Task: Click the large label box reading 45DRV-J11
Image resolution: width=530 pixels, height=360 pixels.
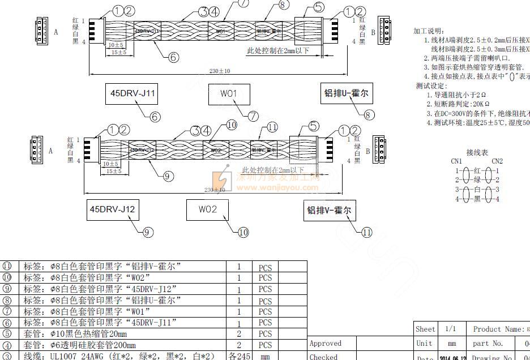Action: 131,94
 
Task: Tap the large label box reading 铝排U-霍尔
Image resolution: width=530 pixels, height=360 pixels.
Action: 345,94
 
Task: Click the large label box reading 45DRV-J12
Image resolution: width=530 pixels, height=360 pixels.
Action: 113,209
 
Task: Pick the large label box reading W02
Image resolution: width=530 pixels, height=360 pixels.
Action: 208,209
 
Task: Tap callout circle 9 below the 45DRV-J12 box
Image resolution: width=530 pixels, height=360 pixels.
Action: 147,232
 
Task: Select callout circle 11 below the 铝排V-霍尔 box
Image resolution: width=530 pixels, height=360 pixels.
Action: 366,232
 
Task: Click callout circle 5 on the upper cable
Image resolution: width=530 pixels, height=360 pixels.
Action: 319,7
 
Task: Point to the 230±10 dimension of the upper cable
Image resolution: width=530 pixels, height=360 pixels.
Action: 220,71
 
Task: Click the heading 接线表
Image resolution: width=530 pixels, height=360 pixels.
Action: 477,153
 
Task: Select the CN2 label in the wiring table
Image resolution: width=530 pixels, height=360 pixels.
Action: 497,161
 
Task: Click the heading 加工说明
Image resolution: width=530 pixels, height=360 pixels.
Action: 429,31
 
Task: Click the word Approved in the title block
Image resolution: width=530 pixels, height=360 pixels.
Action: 326,343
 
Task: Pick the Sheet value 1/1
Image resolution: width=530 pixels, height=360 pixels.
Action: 451,329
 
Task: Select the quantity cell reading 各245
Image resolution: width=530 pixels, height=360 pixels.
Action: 239,356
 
